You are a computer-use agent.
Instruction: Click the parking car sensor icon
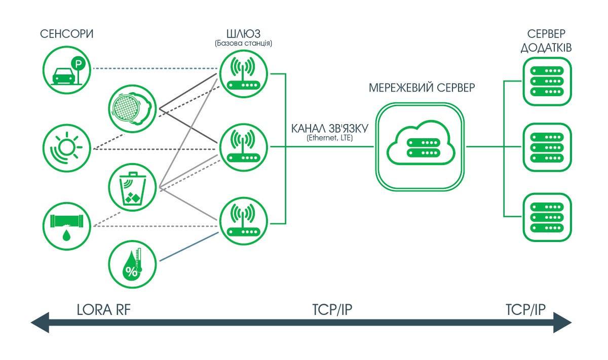click(66, 68)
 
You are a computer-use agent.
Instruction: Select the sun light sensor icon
click(66, 148)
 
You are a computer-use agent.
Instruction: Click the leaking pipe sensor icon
click(66, 226)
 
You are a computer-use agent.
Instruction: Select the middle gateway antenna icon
click(243, 147)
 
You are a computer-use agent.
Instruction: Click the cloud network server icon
click(420, 147)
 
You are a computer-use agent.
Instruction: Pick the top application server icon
click(547, 82)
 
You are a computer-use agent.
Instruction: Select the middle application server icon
click(547, 147)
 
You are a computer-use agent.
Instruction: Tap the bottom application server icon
click(547, 217)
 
